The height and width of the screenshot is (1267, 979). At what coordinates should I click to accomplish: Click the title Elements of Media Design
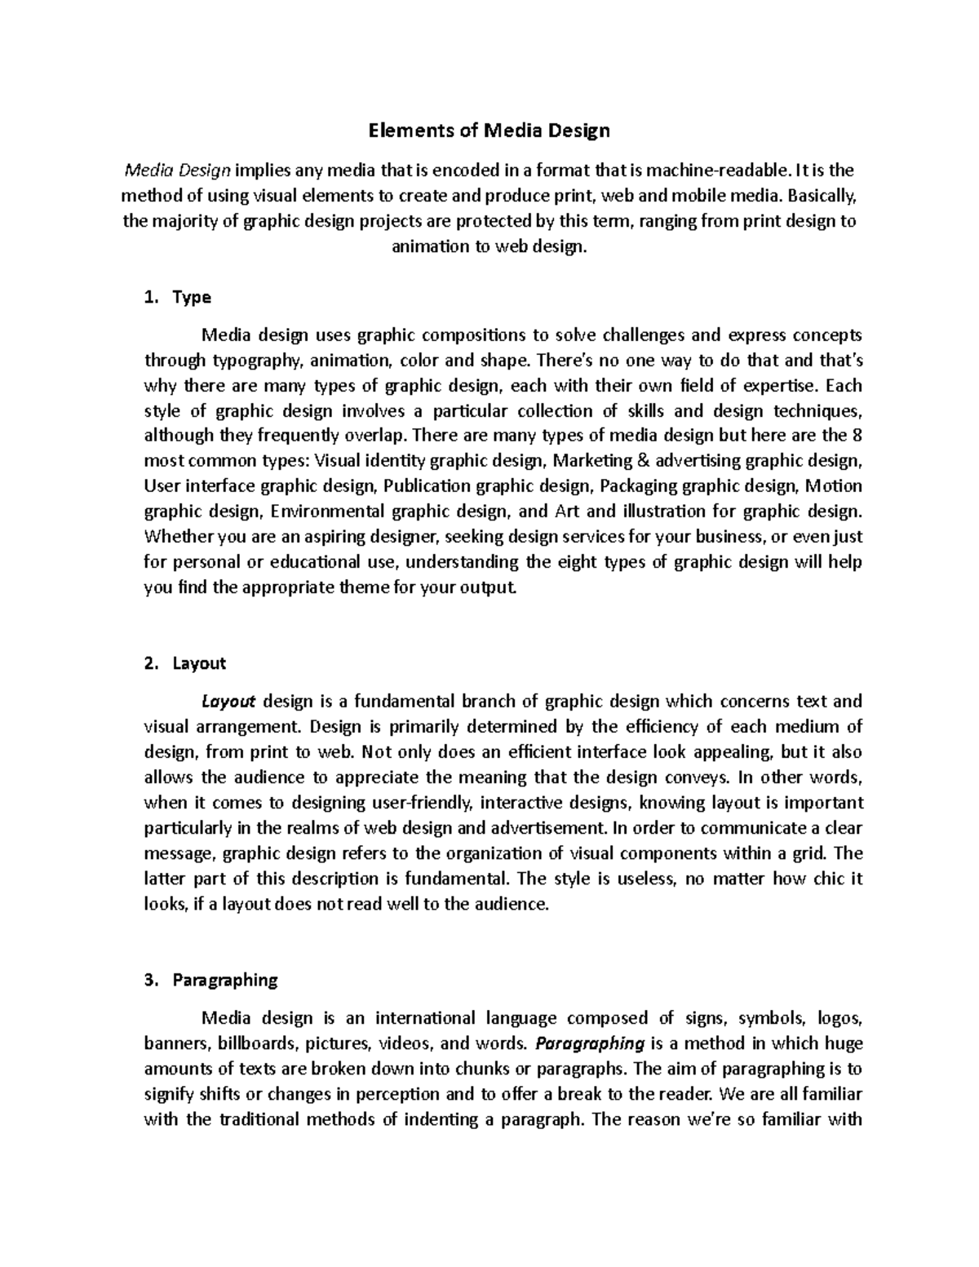(x=489, y=130)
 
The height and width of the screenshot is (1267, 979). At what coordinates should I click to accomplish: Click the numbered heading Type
(x=192, y=298)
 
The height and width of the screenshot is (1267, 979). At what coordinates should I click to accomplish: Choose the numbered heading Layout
(x=199, y=663)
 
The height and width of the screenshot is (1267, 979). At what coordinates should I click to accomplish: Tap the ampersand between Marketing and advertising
(x=643, y=461)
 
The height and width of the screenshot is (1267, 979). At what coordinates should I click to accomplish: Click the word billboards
(x=259, y=1043)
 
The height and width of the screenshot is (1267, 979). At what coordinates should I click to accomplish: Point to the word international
(x=429, y=1017)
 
